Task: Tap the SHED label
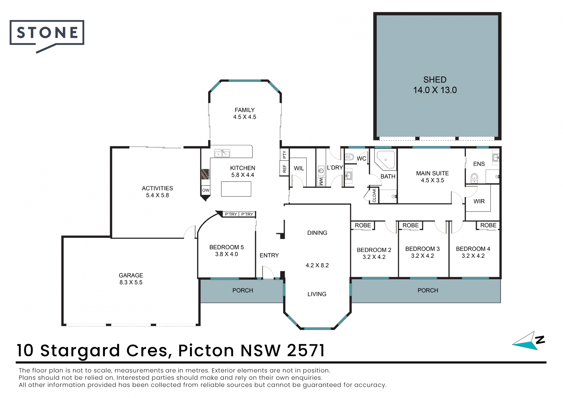coord(435,80)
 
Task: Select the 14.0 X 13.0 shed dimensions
coord(435,90)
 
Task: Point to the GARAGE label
coord(131,275)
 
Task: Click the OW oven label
coord(206,190)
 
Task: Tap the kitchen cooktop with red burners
coord(205,174)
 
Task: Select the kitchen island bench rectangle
coord(236,189)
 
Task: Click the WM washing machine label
coord(321,182)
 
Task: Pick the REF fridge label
coord(284,169)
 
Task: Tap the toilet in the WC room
coord(350,157)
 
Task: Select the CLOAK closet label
coord(374,195)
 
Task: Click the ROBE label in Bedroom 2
coord(363,225)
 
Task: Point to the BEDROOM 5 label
coord(226,247)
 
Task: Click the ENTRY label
coord(269,255)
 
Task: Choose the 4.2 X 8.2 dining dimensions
coord(317,265)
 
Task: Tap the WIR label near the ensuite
coord(479,201)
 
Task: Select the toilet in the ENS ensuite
coord(474,178)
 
